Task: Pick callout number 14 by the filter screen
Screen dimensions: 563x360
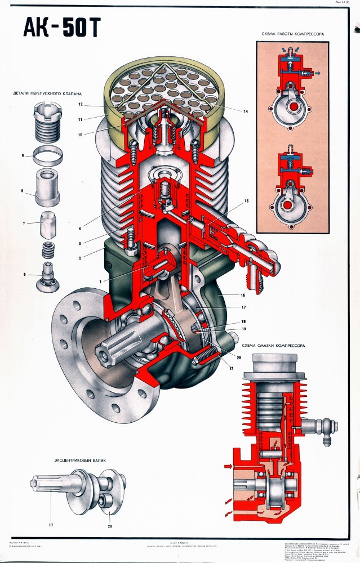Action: click(245, 111)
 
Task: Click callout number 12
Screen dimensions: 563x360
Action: click(81, 105)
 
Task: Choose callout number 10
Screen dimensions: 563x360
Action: click(81, 135)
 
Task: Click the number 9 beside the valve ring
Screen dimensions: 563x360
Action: click(23, 155)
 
